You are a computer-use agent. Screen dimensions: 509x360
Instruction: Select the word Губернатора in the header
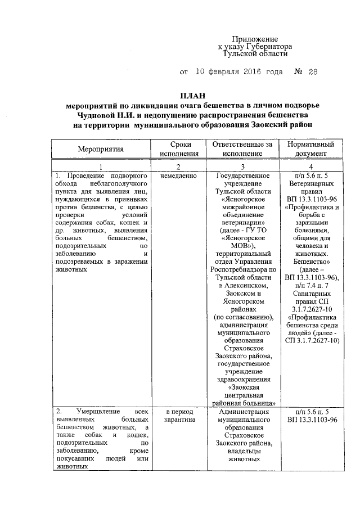[265, 47]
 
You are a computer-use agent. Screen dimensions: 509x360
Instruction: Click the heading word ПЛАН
[188, 96]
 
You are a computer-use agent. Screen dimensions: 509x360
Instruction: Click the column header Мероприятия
[101, 149]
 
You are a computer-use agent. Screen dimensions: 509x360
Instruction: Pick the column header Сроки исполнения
[179, 149]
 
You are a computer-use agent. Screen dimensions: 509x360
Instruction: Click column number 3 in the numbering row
[242, 167]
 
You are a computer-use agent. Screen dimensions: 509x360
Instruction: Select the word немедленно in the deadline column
[178, 176]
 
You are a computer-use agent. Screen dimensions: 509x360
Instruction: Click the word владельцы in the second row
[243, 451]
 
